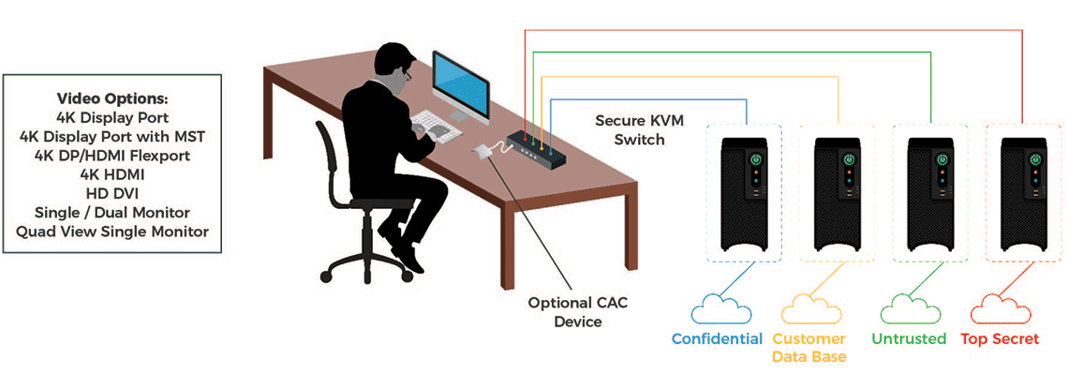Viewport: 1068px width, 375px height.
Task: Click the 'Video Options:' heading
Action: tap(112, 97)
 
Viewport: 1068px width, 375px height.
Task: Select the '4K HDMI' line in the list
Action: tap(112, 172)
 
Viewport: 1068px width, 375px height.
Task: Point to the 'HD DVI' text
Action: tap(112, 192)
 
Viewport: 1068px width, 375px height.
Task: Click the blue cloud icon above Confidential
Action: tap(717, 308)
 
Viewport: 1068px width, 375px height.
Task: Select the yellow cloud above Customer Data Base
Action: tap(808, 308)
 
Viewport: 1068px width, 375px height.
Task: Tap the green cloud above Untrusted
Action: tap(909, 308)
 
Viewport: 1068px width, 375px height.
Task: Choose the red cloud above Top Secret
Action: tap(1001, 308)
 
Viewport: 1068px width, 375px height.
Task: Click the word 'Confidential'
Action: tap(717, 338)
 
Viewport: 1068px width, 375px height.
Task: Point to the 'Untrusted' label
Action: tap(909, 338)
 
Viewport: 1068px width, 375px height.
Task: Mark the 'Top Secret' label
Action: tap(1001, 338)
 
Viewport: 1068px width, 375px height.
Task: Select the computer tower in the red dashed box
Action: tap(1021, 192)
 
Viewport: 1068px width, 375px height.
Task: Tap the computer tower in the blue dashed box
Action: tap(746, 192)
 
